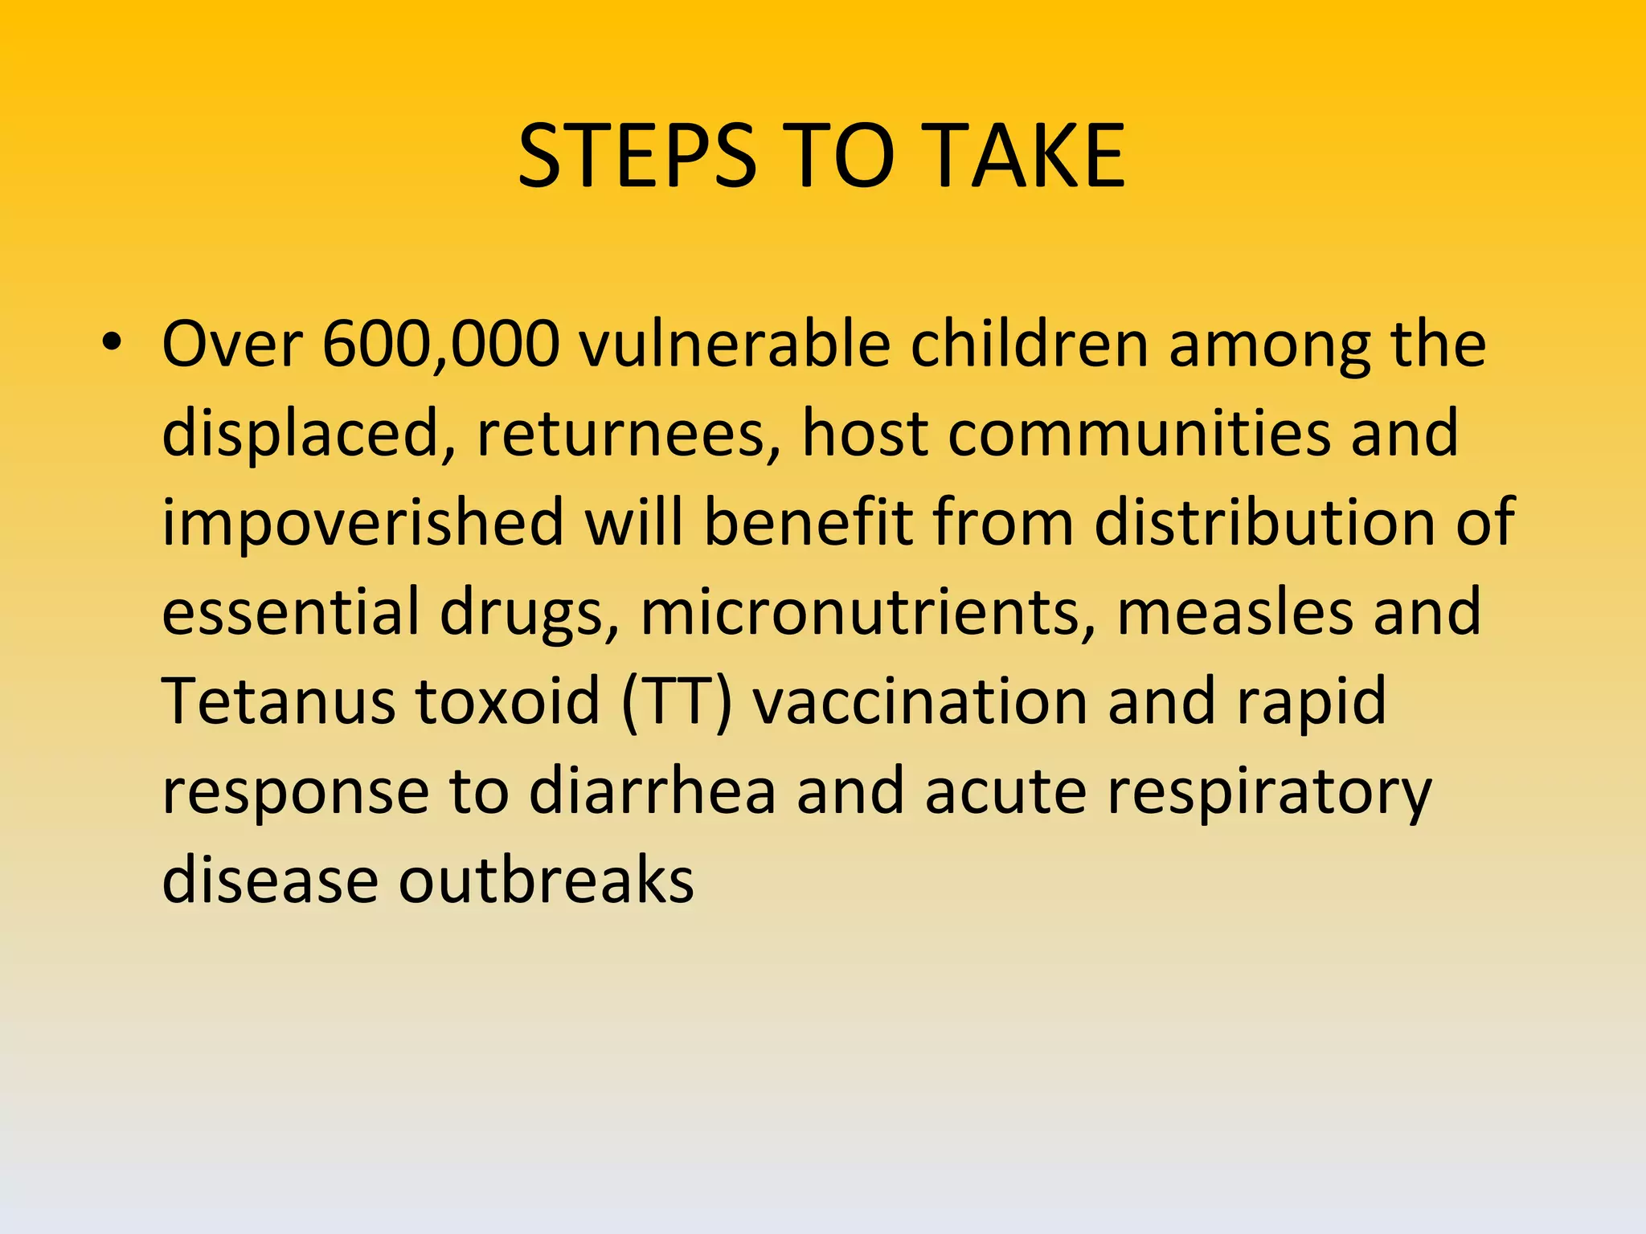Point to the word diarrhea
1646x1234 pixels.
click(653, 792)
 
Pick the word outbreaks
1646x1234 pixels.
click(547, 881)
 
